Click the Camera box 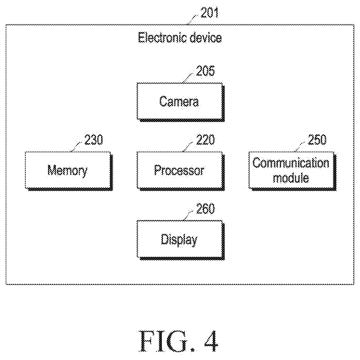click(181, 102)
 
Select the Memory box click(69, 171)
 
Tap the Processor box click(181, 171)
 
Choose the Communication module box click(292, 171)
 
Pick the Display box click(181, 240)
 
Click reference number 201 click(210, 13)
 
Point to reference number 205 click(205, 71)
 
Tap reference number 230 click(94, 140)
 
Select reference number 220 click(205, 140)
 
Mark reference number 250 click(317, 140)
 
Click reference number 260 click(205, 208)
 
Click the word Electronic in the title click(162, 38)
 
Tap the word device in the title click(206, 38)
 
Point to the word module click(291, 178)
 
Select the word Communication click(291, 163)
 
